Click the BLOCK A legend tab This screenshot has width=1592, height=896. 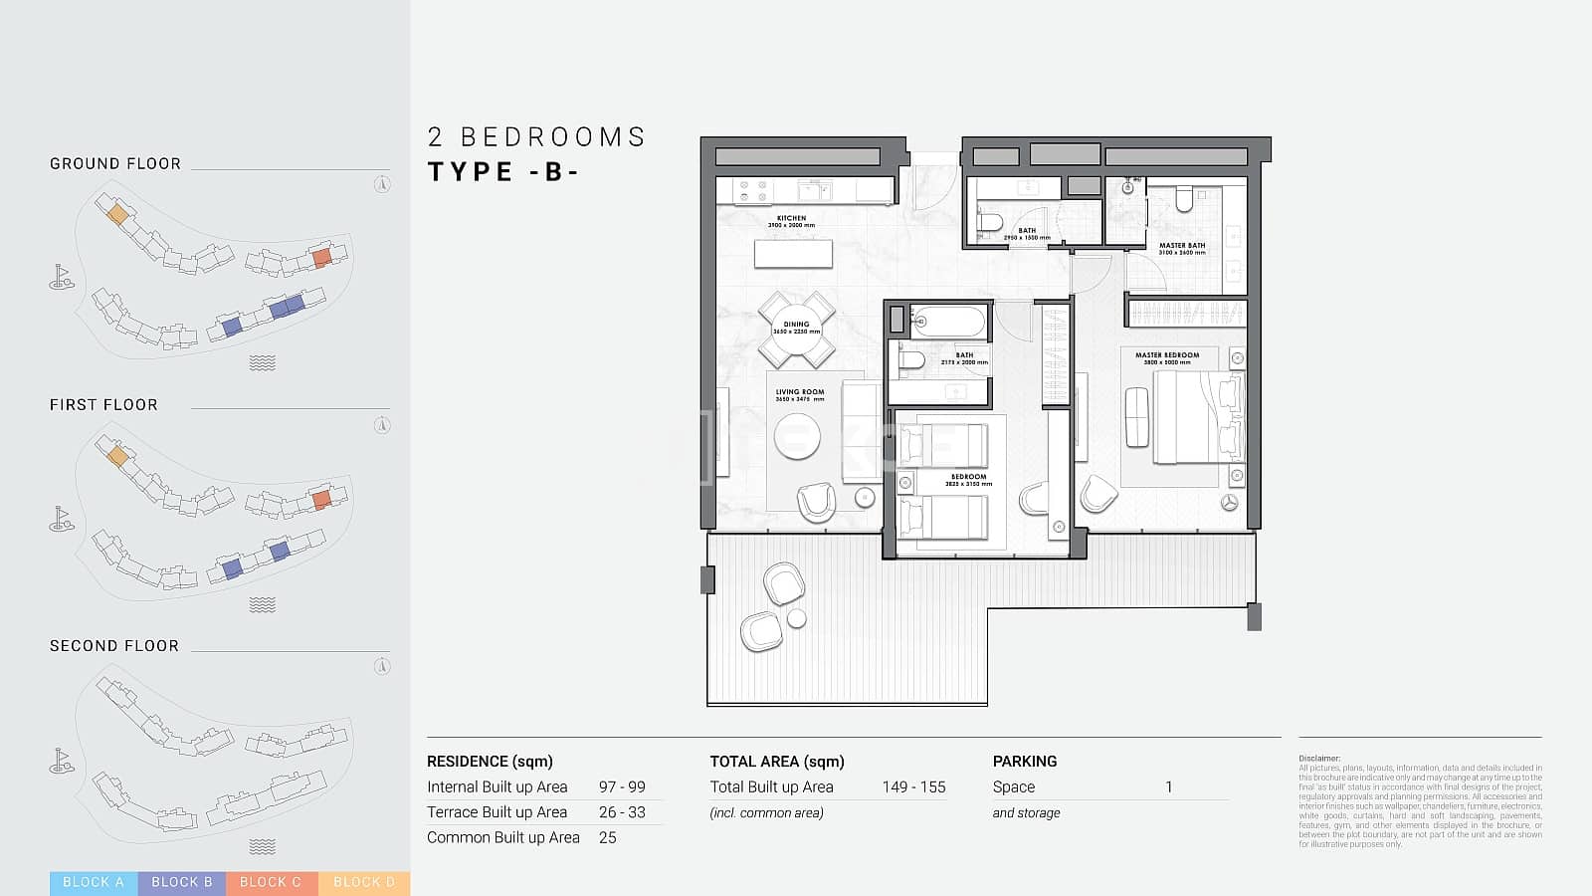[x=94, y=882]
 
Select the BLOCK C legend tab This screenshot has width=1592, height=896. [x=271, y=882]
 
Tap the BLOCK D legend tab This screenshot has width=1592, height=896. [x=364, y=882]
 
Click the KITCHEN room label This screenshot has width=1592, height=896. [x=791, y=218]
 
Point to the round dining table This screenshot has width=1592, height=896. [x=796, y=330]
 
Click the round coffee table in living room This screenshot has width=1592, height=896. [x=797, y=436]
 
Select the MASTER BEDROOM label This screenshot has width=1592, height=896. [x=1167, y=355]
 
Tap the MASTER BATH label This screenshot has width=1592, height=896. [x=1181, y=246]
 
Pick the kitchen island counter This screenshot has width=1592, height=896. [x=793, y=254]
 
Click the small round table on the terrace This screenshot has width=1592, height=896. [x=796, y=618]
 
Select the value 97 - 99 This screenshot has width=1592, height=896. [x=622, y=786]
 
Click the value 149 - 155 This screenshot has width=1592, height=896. [x=913, y=786]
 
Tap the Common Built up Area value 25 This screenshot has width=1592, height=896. [x=607, y=837]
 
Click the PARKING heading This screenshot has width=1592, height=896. [x=1024, y=761]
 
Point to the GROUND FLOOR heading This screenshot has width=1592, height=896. [x=115, y=163]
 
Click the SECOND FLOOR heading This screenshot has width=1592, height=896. [x=114, y=645]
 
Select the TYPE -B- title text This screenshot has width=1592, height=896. [x=503, y=171]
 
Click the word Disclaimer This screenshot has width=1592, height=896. [x=1319, y=759]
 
